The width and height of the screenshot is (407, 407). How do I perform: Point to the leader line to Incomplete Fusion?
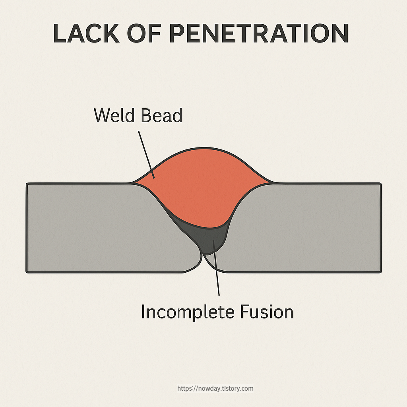(x=217, y=274)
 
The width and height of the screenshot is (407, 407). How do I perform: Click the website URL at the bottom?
(x=215, y=388)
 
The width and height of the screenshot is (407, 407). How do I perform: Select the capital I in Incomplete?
(x=143, y=312)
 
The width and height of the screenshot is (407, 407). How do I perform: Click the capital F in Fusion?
(x=244, y=312)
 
